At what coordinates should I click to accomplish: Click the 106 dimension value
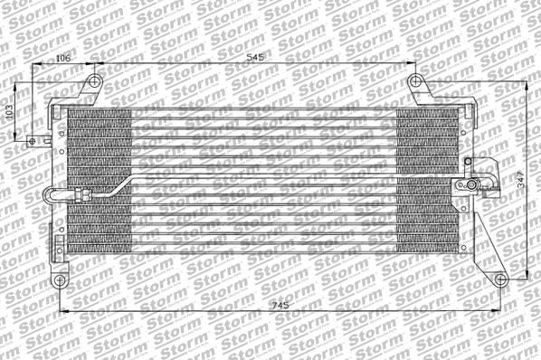pyautogui.click(x=62, y=58)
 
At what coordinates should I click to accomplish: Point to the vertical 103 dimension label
pyautogui.click(x=10, y=112)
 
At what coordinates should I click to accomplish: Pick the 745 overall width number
pyautogui.click(x=281, y=308)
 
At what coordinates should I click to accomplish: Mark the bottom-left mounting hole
pyautogui.click(x=61, y=279)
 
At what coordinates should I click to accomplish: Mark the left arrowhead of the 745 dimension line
pyautogui.click(x=62, y=314)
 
